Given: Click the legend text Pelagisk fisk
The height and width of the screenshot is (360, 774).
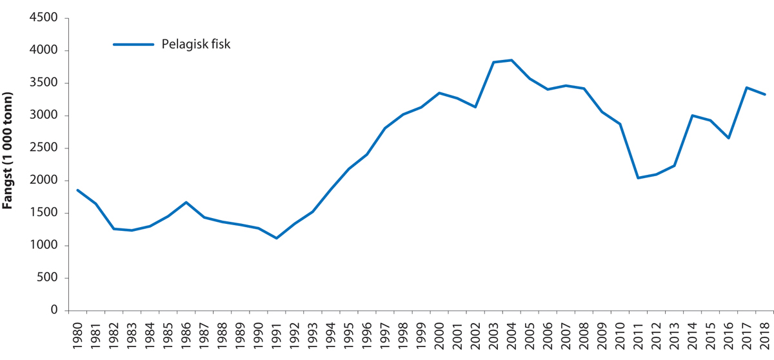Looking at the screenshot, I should (x=196, y=45).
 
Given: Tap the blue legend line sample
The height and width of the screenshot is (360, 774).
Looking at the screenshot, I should (x=134, y=45).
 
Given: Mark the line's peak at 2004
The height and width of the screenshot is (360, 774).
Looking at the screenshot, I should (x=511, y=60).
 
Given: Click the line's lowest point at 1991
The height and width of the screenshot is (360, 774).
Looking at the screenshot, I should (x=276, y=238).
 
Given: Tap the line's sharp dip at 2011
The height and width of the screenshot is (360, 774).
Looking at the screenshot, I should (x=639, y=178).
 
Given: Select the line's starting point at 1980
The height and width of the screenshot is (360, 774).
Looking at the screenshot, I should (x=77, y=190).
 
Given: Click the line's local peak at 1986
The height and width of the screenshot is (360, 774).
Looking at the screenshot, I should (x=186, y=203).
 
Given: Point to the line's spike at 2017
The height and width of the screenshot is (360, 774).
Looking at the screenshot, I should (x=747, y=88).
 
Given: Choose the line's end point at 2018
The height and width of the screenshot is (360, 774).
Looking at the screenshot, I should (x=765, y=94).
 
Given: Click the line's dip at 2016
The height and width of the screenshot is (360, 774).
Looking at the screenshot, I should (x=729, y=138).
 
